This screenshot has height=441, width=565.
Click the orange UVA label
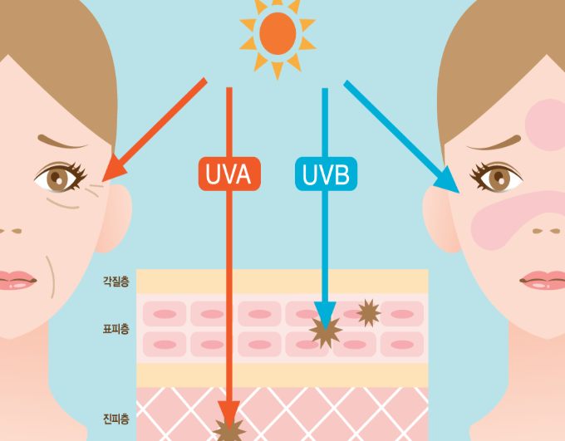[x=229, y=174]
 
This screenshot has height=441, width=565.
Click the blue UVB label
[x=326, y=174]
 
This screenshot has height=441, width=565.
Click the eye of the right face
[x=499, y=176]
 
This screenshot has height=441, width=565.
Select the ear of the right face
[x=439, y=218]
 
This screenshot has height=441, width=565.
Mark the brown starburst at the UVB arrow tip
[x=325, y=331]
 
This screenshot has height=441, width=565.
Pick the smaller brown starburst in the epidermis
[x=368, y=312]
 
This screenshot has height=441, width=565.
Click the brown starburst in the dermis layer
[x=229, y=429]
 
